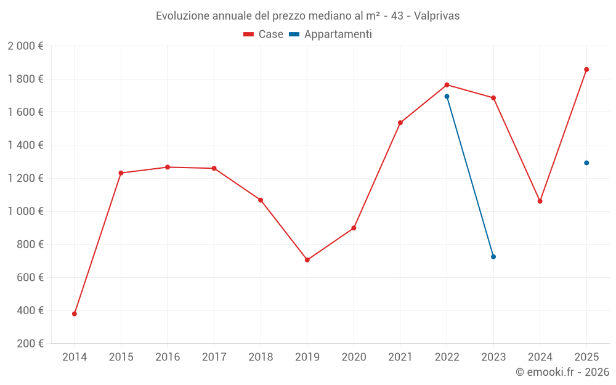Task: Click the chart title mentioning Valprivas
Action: click(x=307, y=15)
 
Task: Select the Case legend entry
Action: click(x=263, y=34)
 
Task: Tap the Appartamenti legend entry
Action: click(x=331, y=34)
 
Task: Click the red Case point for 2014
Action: click(x=75, y=314)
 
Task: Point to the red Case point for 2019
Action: click(x=307, y=260)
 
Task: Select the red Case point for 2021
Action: click(x=400, y=123)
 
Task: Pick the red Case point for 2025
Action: click(x=586, y=70)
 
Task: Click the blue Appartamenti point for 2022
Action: click(x=447, y=97)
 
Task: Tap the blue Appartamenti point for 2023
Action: click(x=493, y=257)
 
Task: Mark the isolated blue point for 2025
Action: click(x=586, y=163)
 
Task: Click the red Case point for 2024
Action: click(x=540, y=201)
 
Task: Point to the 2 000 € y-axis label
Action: click(x=25, y=46)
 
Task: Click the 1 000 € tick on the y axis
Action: click(x=25, y=211)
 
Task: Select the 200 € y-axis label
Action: click(x=29, y=344)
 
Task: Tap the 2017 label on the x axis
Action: click(x=214, y=357)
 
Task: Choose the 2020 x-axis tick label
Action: click(x=354, y=357)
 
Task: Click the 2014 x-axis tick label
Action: click(x=75, y=357)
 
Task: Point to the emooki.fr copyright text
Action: click(x=562, y=372)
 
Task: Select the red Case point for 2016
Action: click(x=168, y=167)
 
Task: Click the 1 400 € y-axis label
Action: click(x=25, y=145)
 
